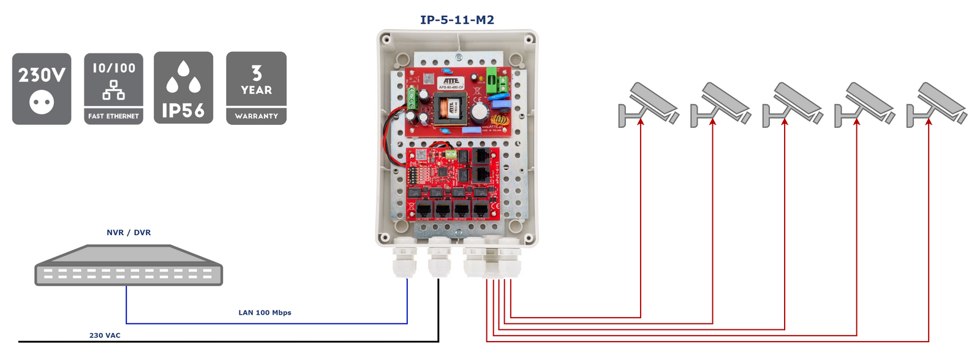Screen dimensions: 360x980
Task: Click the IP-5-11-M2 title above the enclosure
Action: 457,20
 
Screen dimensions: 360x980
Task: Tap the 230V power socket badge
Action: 42,89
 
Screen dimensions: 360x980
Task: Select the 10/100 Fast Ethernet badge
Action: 113,89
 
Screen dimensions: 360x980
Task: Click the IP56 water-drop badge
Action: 183,88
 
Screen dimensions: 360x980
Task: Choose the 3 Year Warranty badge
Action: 256,88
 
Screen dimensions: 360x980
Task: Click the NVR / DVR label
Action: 129,233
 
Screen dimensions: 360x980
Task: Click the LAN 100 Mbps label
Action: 265,313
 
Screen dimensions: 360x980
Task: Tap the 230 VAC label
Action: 105,336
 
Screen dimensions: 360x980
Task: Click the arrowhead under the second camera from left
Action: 713,122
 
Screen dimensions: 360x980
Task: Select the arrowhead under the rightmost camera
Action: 929,122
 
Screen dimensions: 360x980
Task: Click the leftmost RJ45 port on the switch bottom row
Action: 423,209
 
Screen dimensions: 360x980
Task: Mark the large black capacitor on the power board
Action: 480,111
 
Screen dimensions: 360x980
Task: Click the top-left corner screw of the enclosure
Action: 386,40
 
